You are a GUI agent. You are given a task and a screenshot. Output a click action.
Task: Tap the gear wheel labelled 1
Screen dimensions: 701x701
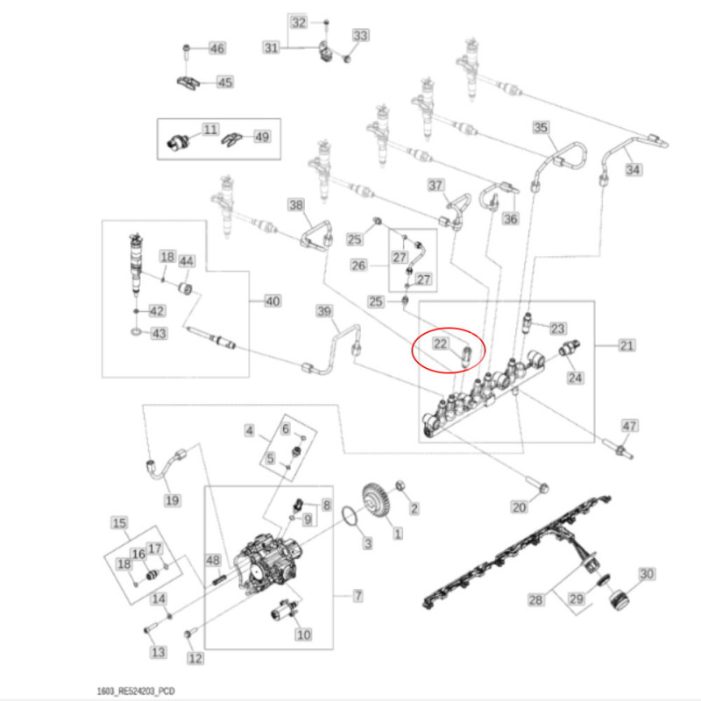coord(377,504)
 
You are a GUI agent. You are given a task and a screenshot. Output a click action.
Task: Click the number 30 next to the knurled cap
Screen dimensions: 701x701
coord(646,575)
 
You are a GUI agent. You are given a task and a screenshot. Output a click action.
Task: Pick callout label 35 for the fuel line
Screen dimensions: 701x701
coord(541,128)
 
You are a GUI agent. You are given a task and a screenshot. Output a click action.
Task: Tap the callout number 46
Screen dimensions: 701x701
coord(216,47)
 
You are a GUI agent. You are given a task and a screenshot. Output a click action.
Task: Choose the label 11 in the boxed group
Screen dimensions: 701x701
coord(209,130)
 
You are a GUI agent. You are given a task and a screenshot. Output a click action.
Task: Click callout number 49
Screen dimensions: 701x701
coord(262,136)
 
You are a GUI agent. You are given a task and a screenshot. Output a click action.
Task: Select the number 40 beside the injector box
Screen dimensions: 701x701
coord(273,301)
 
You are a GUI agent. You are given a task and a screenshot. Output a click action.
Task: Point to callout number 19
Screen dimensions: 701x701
coord(172,500)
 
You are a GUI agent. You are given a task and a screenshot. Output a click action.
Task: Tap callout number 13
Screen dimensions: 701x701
coord(158,653)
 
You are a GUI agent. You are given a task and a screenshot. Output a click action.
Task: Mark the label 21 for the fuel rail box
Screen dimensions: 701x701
coord(627,346)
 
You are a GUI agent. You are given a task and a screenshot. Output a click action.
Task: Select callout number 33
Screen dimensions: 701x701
coord(360,36)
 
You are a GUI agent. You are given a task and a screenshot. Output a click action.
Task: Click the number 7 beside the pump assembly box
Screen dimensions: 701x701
coord(358,597)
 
